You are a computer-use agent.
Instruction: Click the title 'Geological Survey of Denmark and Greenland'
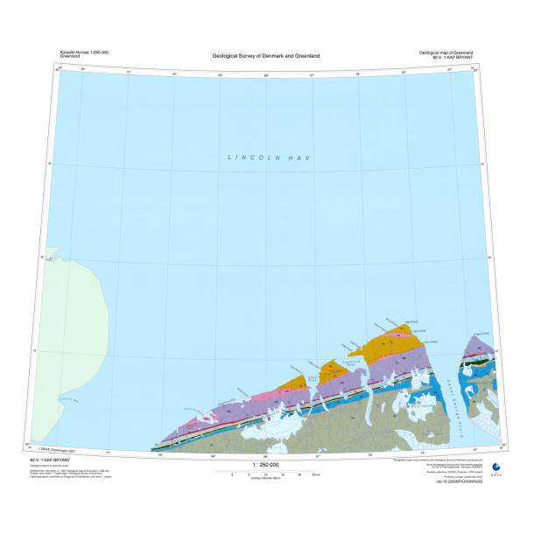coord(266,56)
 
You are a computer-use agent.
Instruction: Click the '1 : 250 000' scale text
coord(266,465)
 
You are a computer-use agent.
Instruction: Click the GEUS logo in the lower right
coord(496,468)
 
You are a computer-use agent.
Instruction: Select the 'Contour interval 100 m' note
coord(266,478)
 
